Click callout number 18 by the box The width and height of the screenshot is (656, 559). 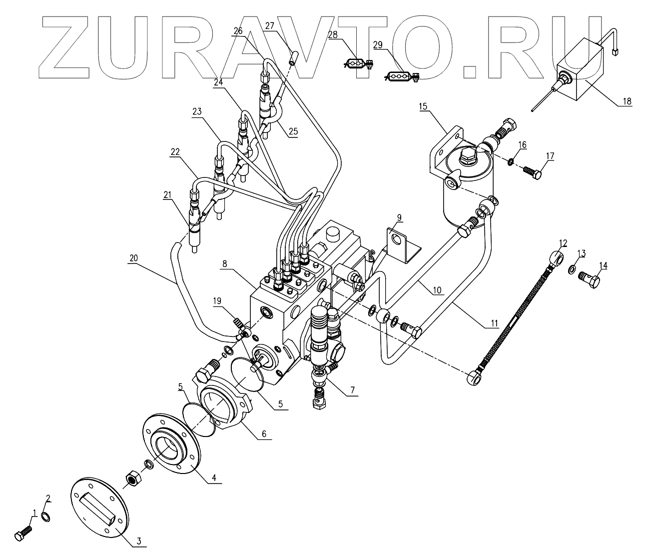(x=627, y=101)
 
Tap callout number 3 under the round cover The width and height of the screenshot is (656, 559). (x=139, y=540)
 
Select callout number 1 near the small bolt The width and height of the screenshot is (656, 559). (x=34, y=513)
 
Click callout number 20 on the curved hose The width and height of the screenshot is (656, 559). (x=133, y=258)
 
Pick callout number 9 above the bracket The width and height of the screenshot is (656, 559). (x=399, y=217)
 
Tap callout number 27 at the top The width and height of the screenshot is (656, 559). (x=270, y=26)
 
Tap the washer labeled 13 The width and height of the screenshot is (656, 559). (x=571, y=271)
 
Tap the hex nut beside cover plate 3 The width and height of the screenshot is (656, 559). (x=132, y=479)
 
